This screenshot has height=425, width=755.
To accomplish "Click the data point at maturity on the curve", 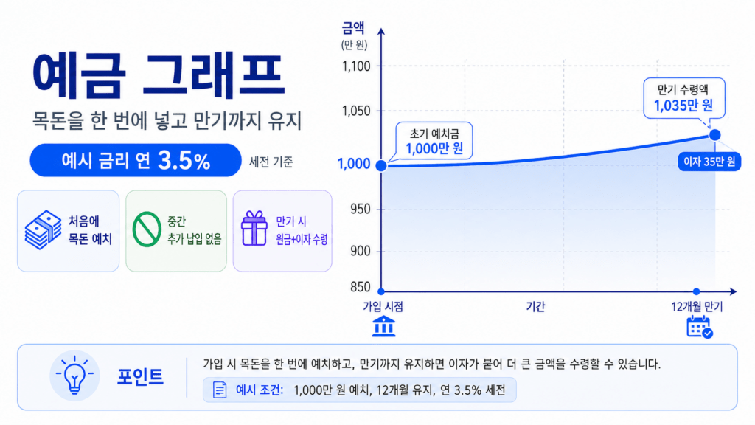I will tap(714, 135).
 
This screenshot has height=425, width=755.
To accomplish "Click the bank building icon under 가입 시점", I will tap(383, 325).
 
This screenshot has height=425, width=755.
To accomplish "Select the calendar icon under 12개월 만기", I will tap(698, 326).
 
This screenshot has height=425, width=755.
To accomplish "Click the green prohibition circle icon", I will tap(146, 230).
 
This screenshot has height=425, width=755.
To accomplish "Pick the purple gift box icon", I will tap(254, 229).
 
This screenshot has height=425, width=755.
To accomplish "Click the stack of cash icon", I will tap(43, 229).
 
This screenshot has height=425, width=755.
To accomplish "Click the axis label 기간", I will tap(535, 307).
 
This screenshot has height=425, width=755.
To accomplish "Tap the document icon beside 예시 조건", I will tap(220, 390).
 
